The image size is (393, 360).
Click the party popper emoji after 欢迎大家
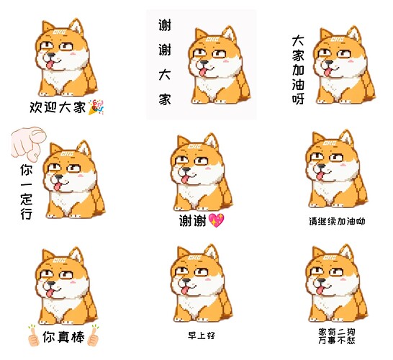[96, 107]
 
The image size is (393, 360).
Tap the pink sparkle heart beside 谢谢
[216, 220]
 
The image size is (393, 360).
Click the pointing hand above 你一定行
[28, 143]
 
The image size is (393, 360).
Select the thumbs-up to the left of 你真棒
[33, 336]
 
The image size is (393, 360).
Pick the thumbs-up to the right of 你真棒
[94, 336]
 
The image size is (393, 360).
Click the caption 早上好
[202, 336]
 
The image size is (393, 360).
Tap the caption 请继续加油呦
[337, 221]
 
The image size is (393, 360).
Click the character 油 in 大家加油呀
[298, 84]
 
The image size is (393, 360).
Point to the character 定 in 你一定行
[27, 199]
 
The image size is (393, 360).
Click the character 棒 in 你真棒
[78, 337]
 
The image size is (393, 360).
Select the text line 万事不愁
[337, 340]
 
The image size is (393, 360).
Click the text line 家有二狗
[337, 332]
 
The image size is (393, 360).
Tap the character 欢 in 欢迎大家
[36, 107]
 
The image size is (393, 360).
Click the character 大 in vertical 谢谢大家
[165, 75]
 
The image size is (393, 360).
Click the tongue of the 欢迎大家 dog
[50, 66]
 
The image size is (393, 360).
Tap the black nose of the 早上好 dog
[186, 281]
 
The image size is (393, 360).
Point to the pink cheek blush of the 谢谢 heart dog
[208, 168]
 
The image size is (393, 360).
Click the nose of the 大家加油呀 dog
[329, 62]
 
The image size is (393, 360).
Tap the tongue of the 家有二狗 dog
[320, 290]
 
